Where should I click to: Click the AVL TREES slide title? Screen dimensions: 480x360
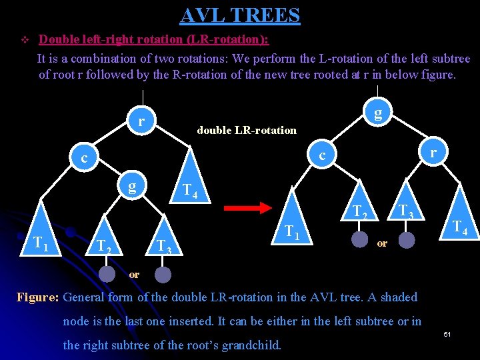click(x=240, y=15)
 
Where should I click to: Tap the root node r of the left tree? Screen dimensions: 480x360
click(x=141, y=121)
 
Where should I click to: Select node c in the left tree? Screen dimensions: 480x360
click(x=84, y=159)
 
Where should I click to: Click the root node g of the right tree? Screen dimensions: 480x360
click(x=378, y=113)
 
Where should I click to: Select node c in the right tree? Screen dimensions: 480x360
click(x=322, y=155)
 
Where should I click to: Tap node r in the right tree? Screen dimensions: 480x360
click(x=433, y=153)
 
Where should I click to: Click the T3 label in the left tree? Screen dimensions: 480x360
click(x=163, y=247)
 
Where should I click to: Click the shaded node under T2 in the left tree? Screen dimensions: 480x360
click(x=106, y=274)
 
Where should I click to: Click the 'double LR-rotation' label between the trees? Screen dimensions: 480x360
click(x=247, y=130)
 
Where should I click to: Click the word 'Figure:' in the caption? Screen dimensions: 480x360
click(x=38, y=297)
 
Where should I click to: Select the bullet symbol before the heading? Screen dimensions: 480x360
click(x=25, y=40)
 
